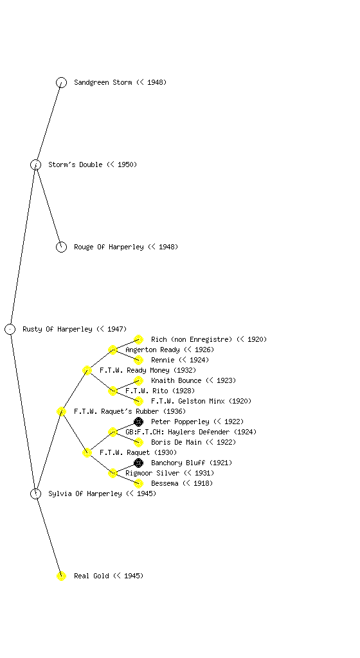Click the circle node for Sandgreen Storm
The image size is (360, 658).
pyautogui.click(x=61, y=82)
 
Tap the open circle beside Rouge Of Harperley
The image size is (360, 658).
pyautogui.click(x=61, y=247)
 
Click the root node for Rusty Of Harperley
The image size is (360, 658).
pyautogui.click(x=10, y=329)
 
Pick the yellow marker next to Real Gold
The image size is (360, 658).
pyautogui.click(x=61, y=576)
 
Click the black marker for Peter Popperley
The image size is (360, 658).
pyautogui.click(x=138, y=422)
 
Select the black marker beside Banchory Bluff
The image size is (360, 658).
pyautogui.click(x=138, y=463)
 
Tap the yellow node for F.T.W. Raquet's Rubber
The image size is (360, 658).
pyautogui.click(x=61, y=411)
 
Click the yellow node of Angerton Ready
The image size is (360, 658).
pyautogui.click(x=113, y=350)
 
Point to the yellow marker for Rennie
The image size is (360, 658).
pyautogui.click(x=138, y=360)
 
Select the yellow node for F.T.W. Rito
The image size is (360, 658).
pyautogui.click(x=113, y=391)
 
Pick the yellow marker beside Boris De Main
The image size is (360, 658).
pyautogui.click(x=138, y=442)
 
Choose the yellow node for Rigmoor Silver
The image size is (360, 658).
pyautogui.click(x=113, y=473)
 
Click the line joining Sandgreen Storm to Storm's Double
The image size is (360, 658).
pyautogui.click(x=49, y=123)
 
